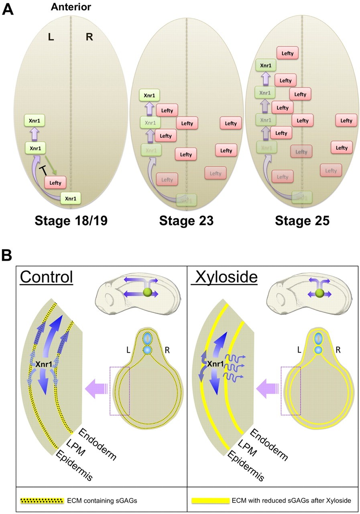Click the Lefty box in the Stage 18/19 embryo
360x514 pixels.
(x=55, y=183)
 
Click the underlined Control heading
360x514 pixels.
(x=47, y=277)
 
